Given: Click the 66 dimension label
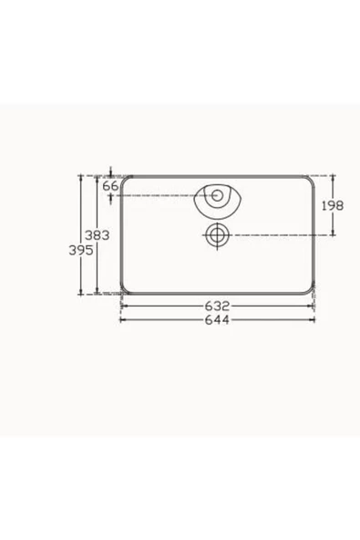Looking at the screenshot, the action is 110,186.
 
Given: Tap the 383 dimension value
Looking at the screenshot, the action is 97,235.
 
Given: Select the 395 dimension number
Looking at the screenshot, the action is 81,250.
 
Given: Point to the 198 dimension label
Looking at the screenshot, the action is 333,205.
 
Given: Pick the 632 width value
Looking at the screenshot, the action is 217,306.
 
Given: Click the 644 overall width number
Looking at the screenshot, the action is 217,320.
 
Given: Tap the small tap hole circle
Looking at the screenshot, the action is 217,195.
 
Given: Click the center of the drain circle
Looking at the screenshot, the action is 217,235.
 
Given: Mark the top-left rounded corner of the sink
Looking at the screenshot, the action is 124,179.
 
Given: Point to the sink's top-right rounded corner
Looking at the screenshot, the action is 311,179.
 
